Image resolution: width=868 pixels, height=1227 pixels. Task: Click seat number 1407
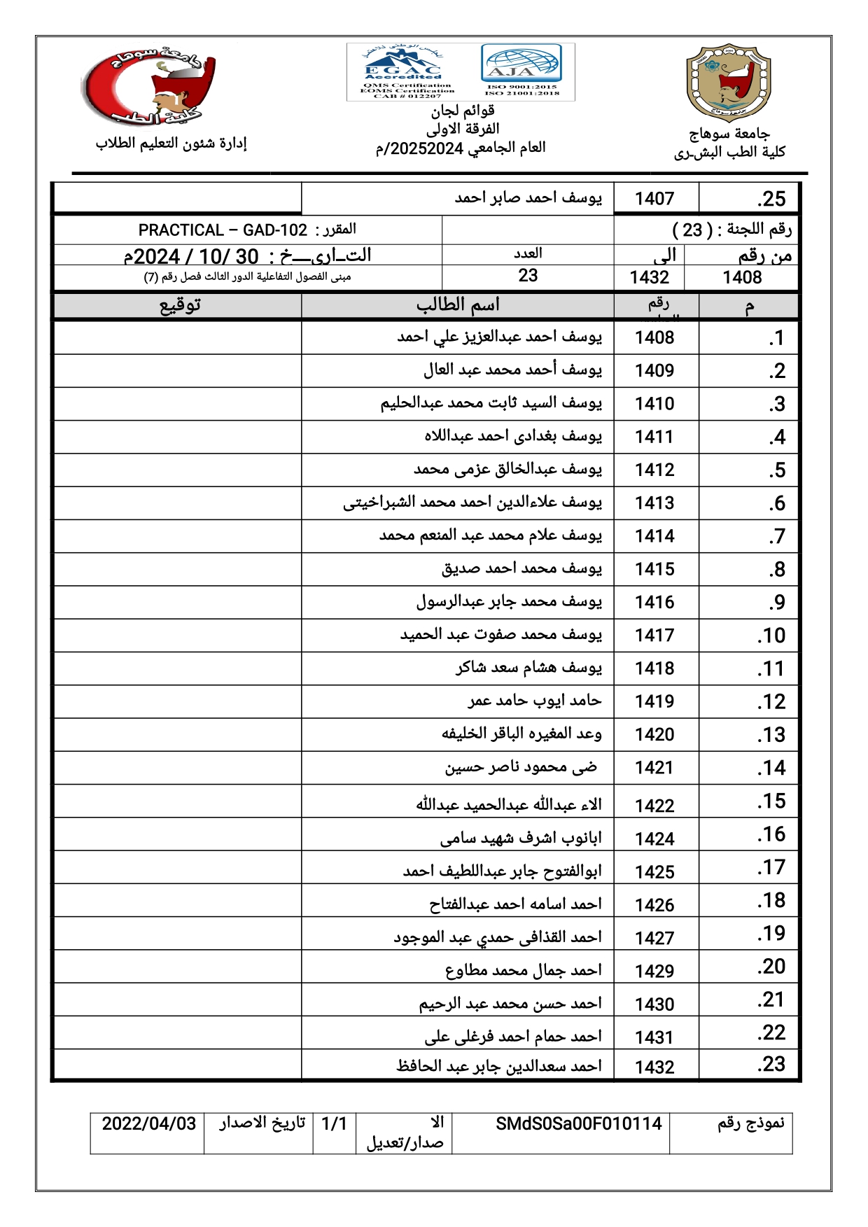coord(654,199)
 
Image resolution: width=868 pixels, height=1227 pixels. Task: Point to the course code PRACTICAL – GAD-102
coord(223,230)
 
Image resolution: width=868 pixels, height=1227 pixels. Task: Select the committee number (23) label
coord(731,230)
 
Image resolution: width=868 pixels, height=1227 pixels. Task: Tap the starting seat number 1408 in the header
coord(742,277)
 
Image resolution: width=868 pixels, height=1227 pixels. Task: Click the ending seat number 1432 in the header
coord(650,277)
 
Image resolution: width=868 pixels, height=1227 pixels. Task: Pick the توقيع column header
coord(180,305)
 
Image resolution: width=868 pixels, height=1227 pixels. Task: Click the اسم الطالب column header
coord(458,305)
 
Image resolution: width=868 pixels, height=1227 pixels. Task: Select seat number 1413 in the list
coord(654,503)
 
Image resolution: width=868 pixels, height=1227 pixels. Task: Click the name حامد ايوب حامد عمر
coord(535,701)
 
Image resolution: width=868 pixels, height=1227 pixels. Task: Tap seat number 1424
coord(654,839)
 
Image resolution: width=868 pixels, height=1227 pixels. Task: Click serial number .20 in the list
coord(771,967)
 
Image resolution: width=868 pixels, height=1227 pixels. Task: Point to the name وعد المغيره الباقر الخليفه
coord(521,734)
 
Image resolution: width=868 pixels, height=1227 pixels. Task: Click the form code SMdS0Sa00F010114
coord(578,1123)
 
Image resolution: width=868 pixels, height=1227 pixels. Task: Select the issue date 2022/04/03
coord(149,1123)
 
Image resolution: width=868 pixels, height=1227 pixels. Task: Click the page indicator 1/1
coord(334,1123)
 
